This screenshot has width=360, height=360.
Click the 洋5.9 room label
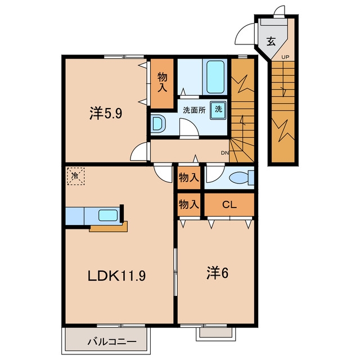point(106,114)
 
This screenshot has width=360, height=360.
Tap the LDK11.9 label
point(116,276)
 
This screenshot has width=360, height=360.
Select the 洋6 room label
point(218,273)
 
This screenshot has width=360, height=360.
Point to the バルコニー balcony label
point(112,342)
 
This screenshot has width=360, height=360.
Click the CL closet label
point(229,205)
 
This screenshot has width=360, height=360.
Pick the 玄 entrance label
point(271,41)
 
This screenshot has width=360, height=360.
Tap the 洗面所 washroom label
point(194,110)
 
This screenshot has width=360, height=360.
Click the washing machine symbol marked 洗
point(218,110)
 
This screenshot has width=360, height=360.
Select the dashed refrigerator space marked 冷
point(75,176)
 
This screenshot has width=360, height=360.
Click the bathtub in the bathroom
point(215,76)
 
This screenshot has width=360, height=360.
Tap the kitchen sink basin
point(108,215)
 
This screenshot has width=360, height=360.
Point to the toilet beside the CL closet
point(242,178)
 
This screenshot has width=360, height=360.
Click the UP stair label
point(285,57)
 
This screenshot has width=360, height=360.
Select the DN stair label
point(225,153)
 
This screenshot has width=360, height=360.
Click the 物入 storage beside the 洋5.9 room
point(162,83)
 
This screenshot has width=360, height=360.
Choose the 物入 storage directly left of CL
point(189,204)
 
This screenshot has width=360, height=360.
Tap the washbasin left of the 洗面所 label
point(158,124)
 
